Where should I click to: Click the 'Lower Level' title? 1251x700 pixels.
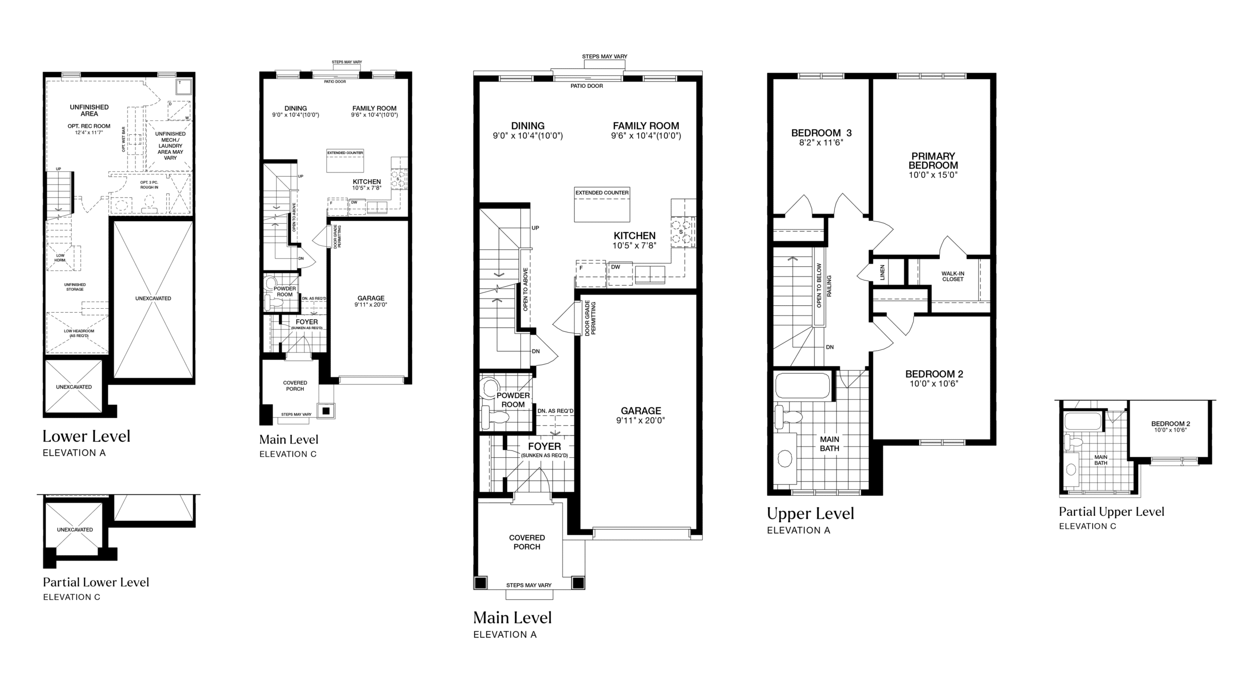coord(86,436)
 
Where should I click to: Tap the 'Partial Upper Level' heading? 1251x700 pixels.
coord(1112,511)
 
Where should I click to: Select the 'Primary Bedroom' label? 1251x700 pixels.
coord(933,161)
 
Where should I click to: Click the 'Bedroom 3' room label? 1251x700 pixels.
coord(821,133)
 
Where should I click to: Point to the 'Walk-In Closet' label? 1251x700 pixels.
coord(953,276)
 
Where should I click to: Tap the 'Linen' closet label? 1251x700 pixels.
coord(882,272)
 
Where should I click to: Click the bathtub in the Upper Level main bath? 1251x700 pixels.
coord(802,386)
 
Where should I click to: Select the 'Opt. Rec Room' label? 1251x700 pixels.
coord(89,126)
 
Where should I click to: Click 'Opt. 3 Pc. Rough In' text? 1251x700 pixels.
coord(149,185)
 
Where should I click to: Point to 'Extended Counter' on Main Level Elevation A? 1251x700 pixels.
coord(602,192)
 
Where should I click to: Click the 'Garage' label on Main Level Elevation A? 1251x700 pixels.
coord(641,411)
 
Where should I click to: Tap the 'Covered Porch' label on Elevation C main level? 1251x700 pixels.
coord(295,386)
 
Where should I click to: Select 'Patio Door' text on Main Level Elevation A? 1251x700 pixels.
coord(587,86)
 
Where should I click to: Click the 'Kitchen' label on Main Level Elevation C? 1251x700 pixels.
coord(367,182)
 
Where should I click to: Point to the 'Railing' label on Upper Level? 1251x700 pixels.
coord(829,286)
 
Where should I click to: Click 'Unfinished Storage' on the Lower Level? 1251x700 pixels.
coord(75,287)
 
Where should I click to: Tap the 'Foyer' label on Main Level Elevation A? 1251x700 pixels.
coord(544,446)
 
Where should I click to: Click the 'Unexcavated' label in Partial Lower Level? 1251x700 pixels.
coord(75,530)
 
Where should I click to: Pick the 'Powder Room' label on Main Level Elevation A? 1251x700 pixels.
coord(513,400)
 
